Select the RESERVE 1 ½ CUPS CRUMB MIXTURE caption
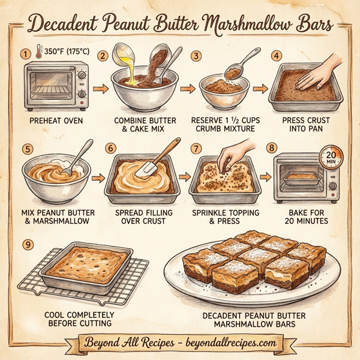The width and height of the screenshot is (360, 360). [x=224, y=124]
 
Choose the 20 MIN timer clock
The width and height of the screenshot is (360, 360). [x=329, y=157]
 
